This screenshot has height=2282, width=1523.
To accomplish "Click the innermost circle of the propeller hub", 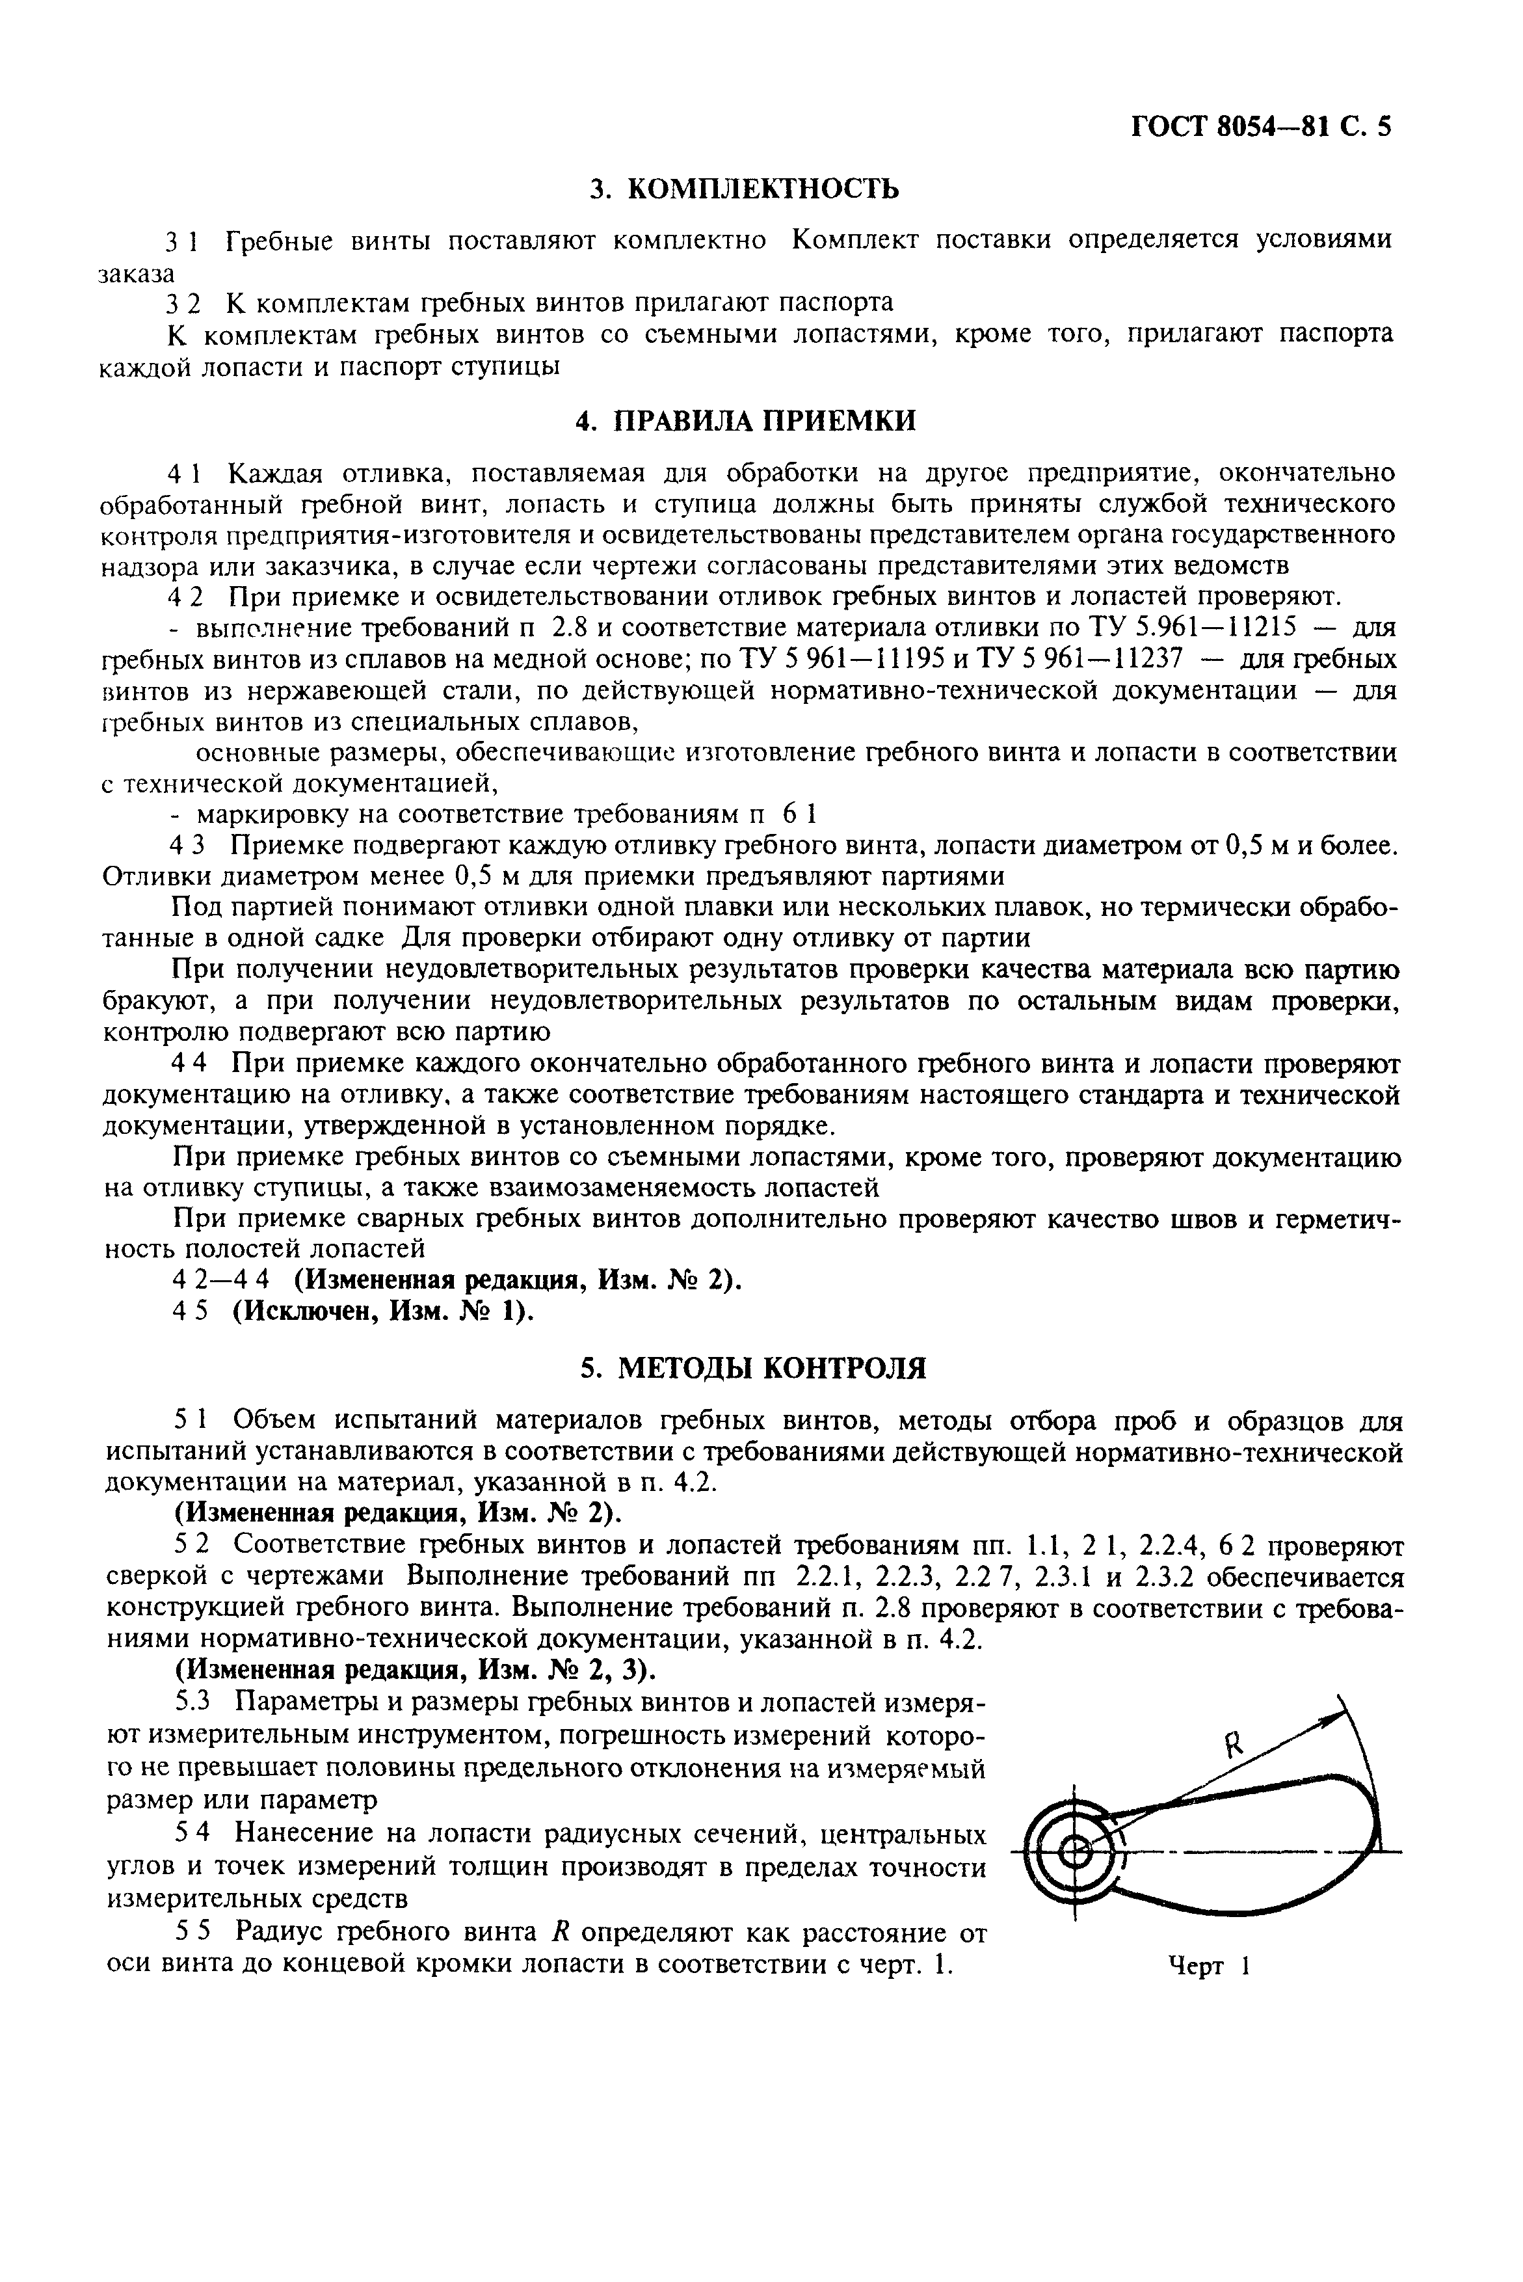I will pos(1074,1853).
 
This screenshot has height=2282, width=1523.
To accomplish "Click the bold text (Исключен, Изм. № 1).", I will pos(384,1311).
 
